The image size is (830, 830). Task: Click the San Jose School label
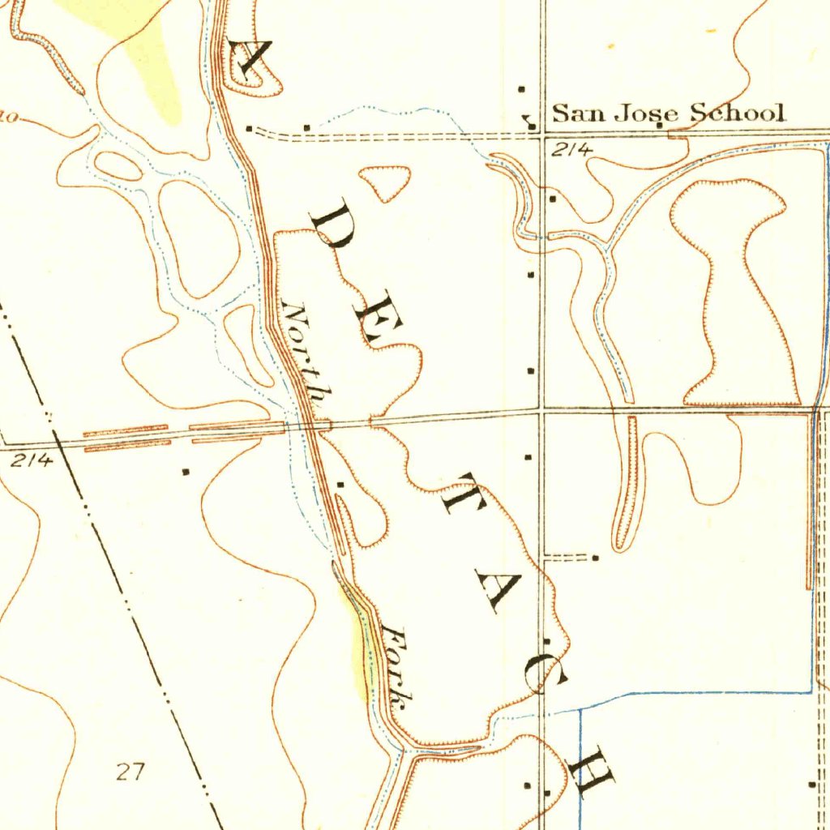click(x=669, y=113)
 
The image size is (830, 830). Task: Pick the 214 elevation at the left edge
click(x=32, y=460)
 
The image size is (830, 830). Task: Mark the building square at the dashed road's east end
click(x=596, y=558)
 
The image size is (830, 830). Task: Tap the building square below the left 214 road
click(x=186, y=471)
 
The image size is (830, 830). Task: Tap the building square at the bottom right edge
click(x=812, y=784)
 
